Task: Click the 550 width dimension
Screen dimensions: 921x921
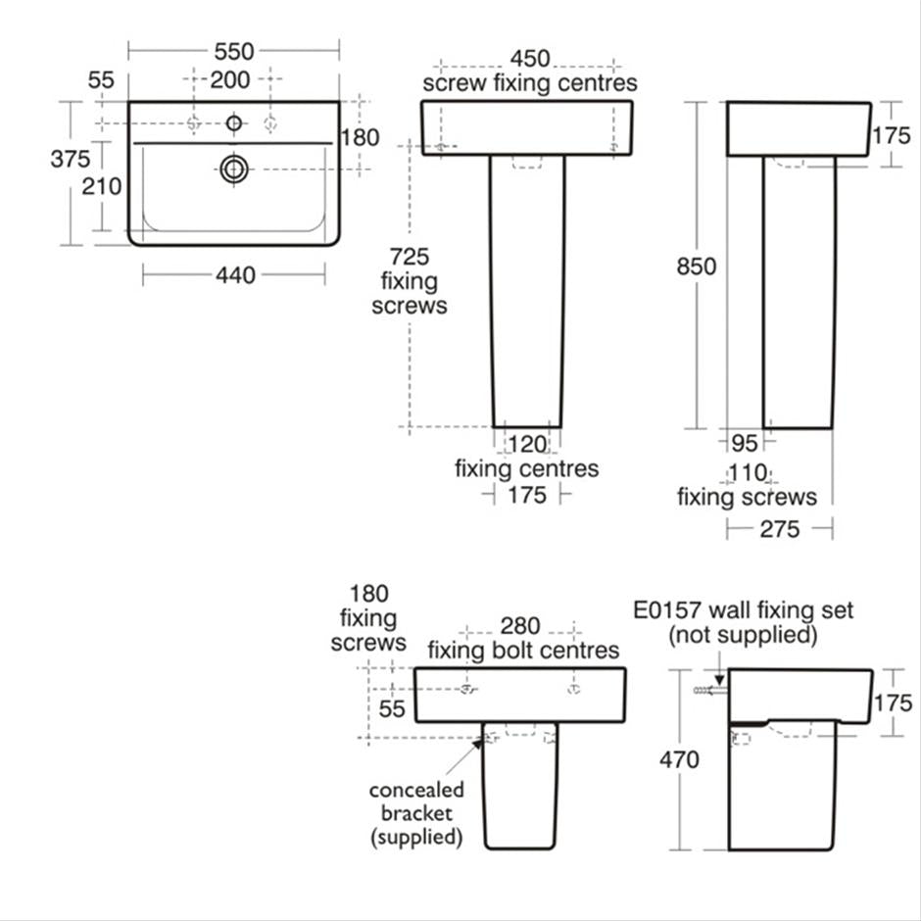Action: point(234,52)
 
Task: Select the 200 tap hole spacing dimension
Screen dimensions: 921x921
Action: point(229,80)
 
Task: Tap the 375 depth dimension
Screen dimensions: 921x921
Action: point(71,159)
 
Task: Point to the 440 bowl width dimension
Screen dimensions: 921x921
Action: point(235,275)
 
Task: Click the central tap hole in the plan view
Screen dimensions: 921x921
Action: point(234,123)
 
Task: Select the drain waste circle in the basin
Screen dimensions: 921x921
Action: point(234,170)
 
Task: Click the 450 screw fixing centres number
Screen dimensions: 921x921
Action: point(530,59)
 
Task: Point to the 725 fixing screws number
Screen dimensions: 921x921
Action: point(410,257)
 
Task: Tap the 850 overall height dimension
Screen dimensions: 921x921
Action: point(696,267)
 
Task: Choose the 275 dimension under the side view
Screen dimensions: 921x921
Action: point(780,529)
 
